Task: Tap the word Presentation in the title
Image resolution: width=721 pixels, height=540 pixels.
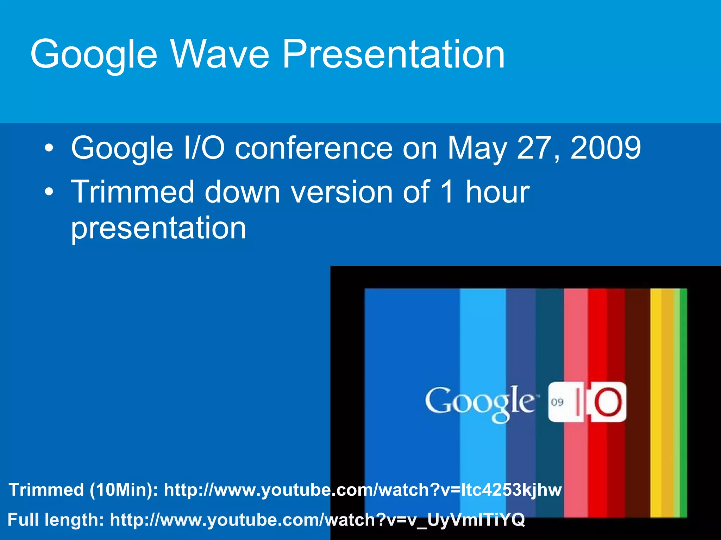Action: [393, 54]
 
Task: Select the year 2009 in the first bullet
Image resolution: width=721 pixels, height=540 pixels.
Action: [606, 148]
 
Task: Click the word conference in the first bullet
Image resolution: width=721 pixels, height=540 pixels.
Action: [314, 148]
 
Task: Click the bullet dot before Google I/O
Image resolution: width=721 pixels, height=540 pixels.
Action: [49, 148]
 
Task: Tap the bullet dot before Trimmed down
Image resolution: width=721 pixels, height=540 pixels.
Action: [49, 192]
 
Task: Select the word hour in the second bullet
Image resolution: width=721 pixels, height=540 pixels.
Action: [497, 192]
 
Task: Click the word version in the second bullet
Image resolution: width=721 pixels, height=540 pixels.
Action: [341, 192]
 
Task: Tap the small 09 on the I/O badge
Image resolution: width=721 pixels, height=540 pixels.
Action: [557, 402]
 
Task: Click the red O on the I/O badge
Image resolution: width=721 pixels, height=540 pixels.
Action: [608, 402]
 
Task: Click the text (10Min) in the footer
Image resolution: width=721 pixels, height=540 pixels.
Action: [124, 490]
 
